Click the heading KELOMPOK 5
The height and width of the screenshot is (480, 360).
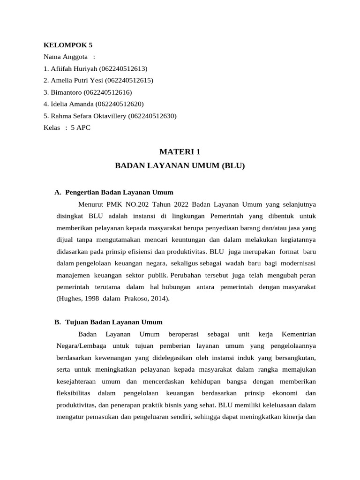click(68, 45)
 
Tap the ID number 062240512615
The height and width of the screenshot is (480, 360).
click(129, 80)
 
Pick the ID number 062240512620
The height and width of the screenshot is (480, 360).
click(120, 104)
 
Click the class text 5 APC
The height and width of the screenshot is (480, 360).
click(81, 127)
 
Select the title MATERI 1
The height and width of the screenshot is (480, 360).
click(180, 151)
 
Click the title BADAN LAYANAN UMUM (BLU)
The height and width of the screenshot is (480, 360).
click(180, 165)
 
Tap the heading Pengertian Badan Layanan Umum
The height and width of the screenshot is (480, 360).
click(119, 192)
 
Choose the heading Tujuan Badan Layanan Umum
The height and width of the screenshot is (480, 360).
click(114, 322)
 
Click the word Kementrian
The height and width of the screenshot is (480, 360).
click(299, 334)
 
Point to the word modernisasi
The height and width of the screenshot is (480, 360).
click(296, 263)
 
